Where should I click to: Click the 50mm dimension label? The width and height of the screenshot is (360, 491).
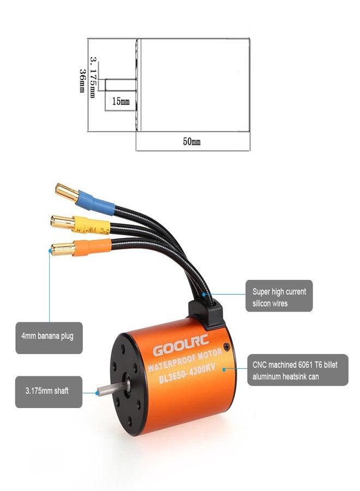click(x=191, y=141)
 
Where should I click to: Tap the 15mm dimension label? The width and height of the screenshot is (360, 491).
click(x=121, y=101)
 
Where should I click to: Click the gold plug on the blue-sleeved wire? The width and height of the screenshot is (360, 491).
click(x=67, y=193)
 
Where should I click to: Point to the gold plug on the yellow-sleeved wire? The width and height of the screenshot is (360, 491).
click(x=62, y=221)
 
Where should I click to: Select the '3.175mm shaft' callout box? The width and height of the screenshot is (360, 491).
click(x=49, y=391)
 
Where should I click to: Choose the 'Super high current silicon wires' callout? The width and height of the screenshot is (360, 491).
click(x=279, y=297)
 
